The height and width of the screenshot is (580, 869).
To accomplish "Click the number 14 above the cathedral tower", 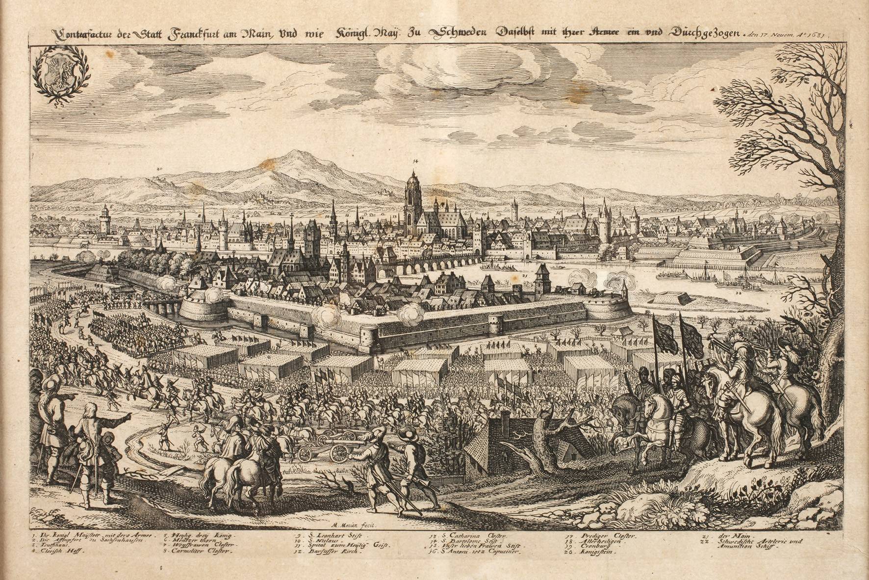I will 415,161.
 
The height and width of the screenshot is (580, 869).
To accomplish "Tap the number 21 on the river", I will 525,276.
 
